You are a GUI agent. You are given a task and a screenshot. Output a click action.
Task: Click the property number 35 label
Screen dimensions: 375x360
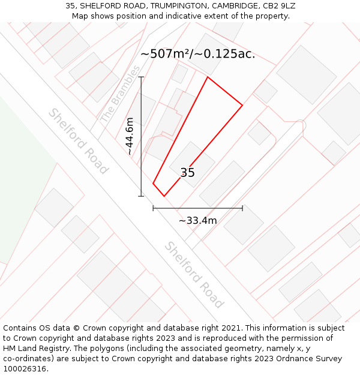[188, 173]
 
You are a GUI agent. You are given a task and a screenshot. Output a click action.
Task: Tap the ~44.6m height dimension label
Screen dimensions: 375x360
[130, 137]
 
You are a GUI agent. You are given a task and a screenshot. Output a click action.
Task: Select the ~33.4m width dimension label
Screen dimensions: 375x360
[198, 221]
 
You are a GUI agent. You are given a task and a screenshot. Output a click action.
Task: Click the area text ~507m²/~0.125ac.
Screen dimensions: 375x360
[198, 54]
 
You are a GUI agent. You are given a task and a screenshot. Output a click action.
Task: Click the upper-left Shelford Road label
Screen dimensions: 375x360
[79, 141]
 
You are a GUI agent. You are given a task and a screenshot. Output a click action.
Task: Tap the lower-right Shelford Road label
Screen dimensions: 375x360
[194, 275]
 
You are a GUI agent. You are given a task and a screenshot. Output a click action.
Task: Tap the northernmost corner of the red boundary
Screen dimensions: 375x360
[208, 77]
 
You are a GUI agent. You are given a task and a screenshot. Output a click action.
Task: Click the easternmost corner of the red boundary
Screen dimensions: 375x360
[242, 106]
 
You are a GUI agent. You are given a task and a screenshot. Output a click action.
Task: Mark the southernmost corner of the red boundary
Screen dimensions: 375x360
[164, 196]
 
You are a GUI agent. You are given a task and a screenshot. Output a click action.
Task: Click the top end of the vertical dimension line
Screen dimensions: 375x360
[142, 77]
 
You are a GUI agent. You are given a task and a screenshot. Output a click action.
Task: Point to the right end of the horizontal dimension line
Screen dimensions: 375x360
[242, 208]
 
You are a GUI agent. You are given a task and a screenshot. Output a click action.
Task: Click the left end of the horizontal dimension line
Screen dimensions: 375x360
[154, 208]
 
